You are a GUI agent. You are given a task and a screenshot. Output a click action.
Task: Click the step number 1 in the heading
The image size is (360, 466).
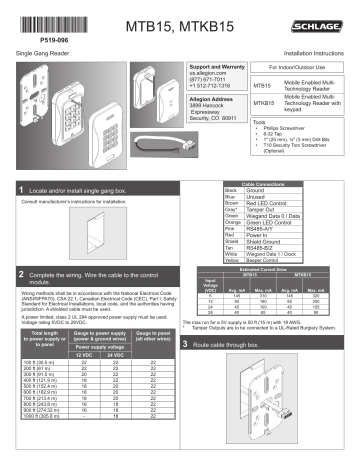(23, 188)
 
